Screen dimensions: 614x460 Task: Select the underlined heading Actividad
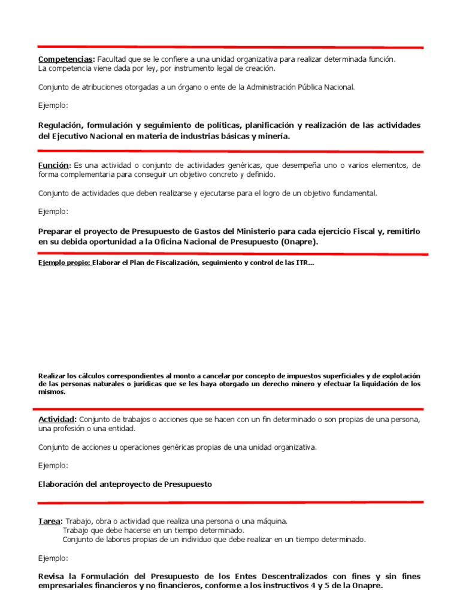(57, 419)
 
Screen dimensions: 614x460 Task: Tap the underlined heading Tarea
(50, 522)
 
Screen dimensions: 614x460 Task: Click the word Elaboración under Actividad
(62, 484)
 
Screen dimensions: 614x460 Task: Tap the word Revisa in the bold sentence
(52, 576)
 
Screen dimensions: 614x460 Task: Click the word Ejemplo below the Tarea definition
(53, 558)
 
